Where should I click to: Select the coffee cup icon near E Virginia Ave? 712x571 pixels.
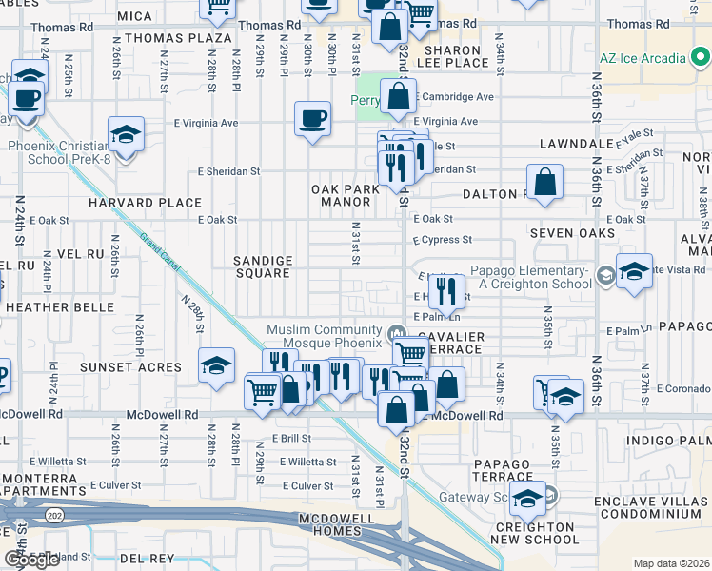tap(313, 119)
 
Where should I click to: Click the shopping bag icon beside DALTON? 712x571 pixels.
tap(545, 183)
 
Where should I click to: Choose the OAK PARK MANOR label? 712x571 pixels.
tap(345, 196)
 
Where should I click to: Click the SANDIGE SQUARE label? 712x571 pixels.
tap(263, 266)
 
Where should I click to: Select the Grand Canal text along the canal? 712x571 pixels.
tap(159, 255)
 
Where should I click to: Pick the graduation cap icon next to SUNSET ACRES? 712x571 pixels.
tap(216, 365)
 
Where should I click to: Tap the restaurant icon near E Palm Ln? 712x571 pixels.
tap(447, 291)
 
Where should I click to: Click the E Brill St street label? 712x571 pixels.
tap(291, 439)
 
